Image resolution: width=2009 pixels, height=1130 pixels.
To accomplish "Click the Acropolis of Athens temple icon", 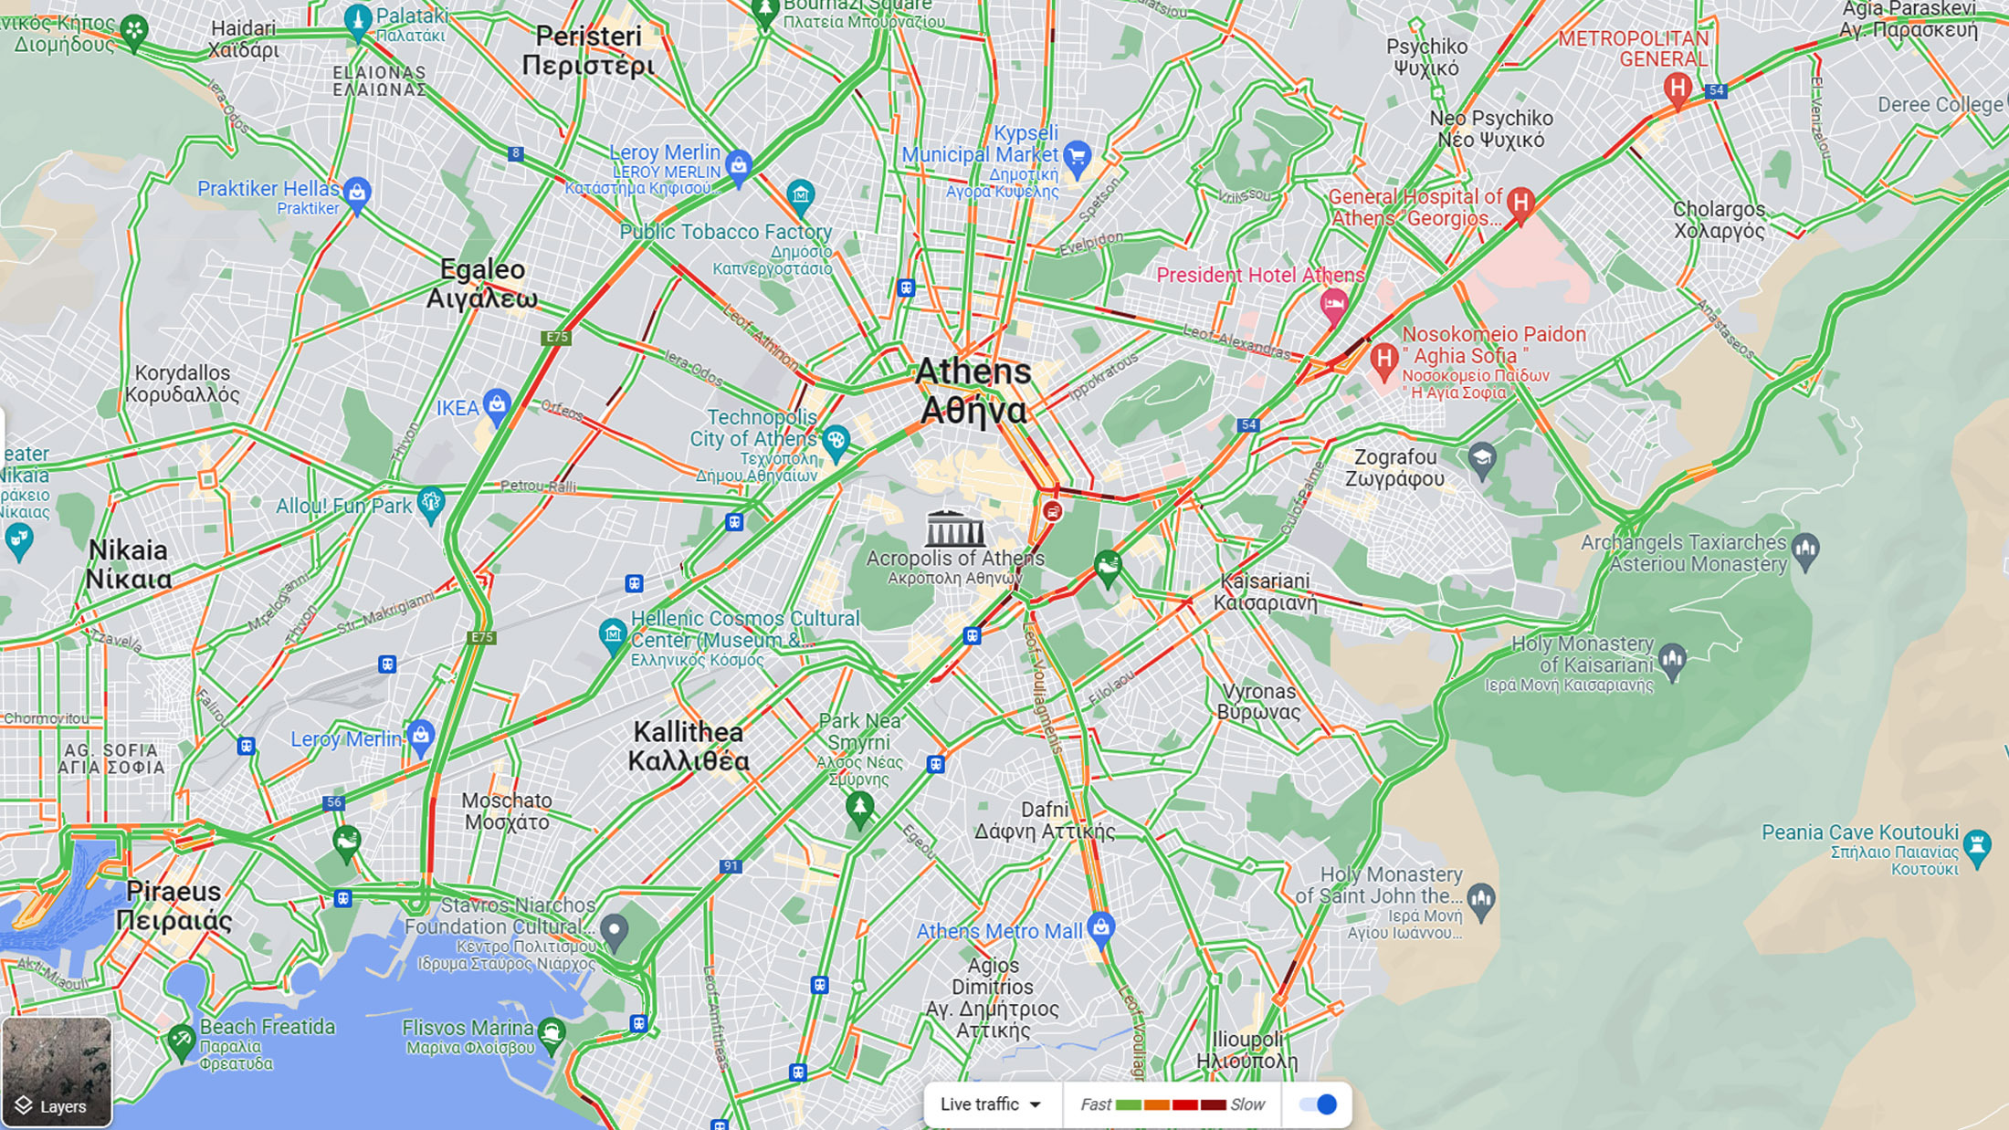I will pos(954,528).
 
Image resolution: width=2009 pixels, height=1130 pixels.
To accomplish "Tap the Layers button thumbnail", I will pos(57,1072).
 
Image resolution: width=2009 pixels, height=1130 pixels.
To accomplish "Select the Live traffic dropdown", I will pos(992,1104).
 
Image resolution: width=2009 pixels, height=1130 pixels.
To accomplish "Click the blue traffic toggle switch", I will pos(1318,1104).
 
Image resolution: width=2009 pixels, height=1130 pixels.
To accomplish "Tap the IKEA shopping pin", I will pos(497,405).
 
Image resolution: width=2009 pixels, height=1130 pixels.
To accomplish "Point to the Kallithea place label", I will pos(689,746).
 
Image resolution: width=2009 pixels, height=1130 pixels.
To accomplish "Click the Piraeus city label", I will pos(174,905).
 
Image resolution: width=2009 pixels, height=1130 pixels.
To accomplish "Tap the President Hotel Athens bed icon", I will pos(1334,304).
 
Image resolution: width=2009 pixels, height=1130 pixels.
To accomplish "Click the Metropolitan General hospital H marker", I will pos(1677,89).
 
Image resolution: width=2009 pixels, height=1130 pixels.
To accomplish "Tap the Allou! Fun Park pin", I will pos(430,502).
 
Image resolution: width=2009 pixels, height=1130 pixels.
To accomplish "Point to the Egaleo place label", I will pos(482,283).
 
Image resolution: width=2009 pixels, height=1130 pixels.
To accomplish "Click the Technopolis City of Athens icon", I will pos(836,442).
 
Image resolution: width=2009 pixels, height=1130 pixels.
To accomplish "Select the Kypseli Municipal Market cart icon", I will pos(1078,156).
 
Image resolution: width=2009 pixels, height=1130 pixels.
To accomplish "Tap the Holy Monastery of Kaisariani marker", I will pos(1672,658).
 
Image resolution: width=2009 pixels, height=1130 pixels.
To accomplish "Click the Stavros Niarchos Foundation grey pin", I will pos(614,931).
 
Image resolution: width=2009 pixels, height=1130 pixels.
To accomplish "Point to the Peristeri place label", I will pos(588,50).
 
